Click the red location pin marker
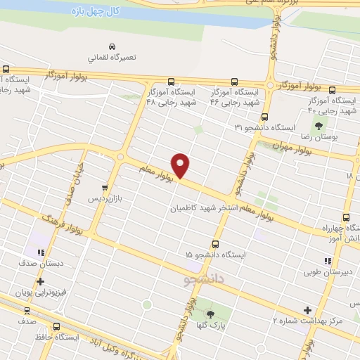(181, 165)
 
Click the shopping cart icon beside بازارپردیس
(105, 188)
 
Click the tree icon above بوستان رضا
(319, 127)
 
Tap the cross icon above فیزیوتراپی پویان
(40, 282)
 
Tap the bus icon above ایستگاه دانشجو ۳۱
(264, 117)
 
